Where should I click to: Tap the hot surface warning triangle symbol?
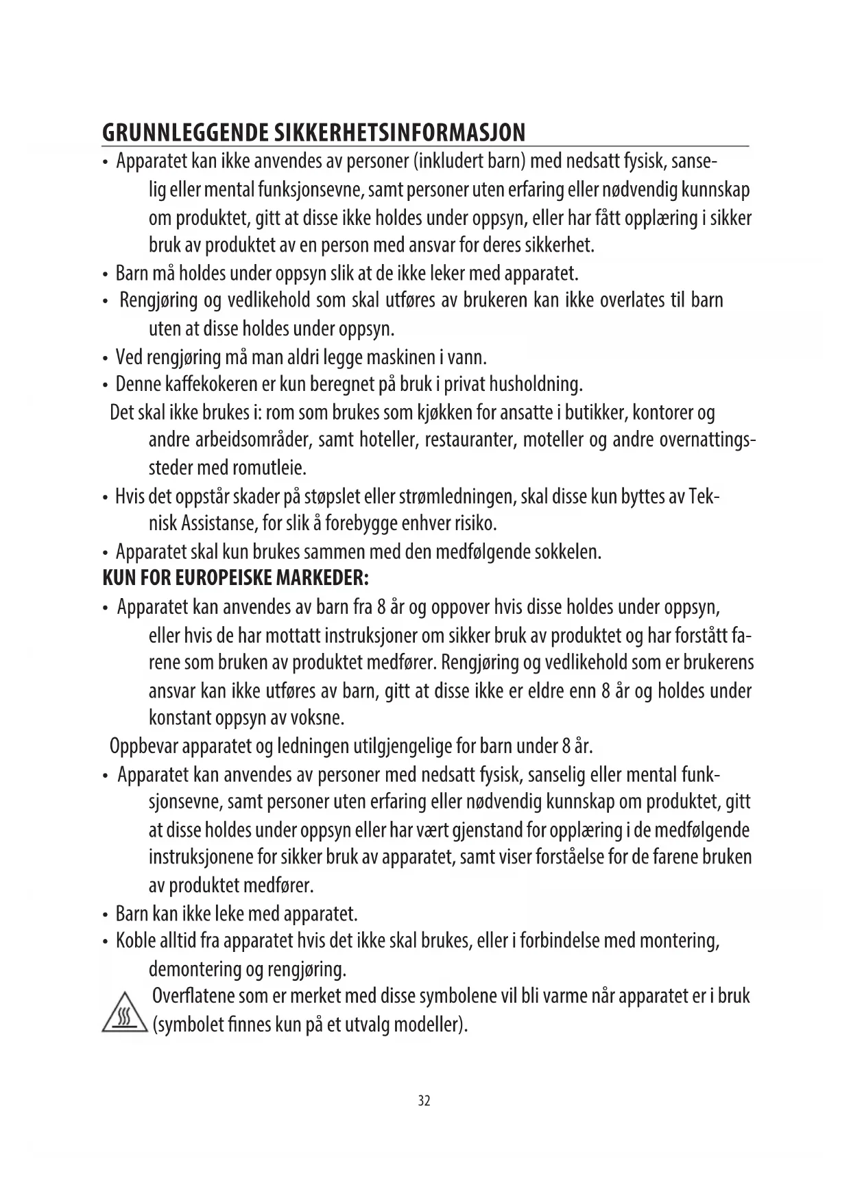click(x=125, y=1013)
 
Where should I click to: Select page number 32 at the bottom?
click(x=424, y=1101)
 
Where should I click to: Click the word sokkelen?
click(x=567, y=552)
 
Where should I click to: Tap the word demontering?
click(x=194, y=970)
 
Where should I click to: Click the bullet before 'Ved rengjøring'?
click(x=105, y=359)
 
